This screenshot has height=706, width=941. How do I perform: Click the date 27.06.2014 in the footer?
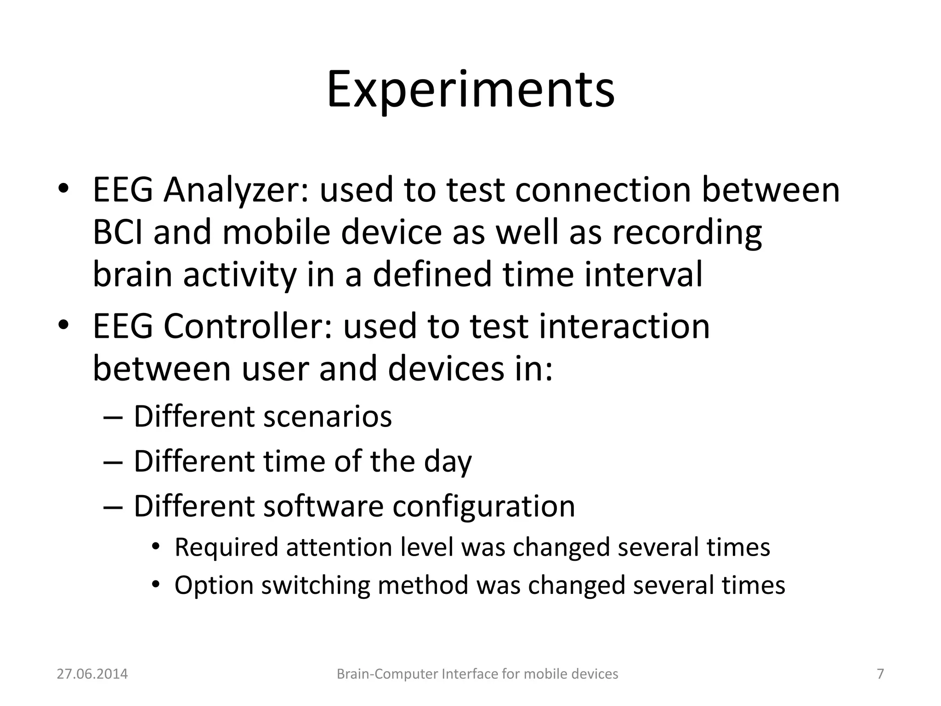click(92, 674)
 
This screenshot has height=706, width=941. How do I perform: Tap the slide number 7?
click(880, 674)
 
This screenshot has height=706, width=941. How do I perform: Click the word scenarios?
click(327, 416)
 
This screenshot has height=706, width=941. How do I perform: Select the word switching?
click(316, 586)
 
